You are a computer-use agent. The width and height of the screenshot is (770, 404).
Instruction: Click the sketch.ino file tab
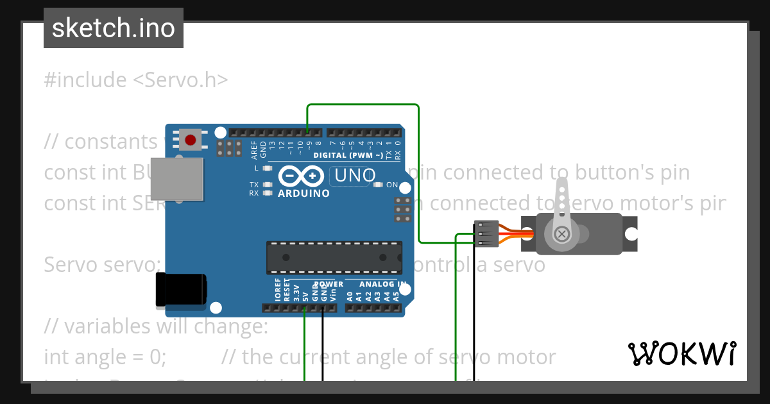114,28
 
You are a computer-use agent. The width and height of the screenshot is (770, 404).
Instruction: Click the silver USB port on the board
178,180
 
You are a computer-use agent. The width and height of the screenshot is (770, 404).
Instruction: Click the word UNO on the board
353,174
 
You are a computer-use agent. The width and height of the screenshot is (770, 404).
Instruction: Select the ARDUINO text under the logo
304,193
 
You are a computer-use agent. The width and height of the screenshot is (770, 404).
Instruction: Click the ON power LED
378,185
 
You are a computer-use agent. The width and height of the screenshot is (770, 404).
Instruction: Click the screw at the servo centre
562,234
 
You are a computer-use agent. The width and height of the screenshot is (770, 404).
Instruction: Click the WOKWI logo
681,353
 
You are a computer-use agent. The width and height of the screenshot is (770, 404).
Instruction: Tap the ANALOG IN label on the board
382,284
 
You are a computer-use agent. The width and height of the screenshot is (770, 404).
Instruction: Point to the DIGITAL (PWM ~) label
348,155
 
